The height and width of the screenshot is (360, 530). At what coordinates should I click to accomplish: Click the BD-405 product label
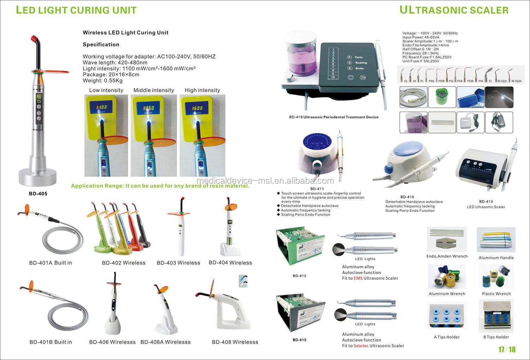pos(38,194)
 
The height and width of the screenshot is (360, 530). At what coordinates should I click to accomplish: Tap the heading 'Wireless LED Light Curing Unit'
pos(125,33)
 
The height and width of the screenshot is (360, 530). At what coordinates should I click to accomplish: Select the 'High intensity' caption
pos(202,90)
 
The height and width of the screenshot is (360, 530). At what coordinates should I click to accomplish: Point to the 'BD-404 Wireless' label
pos(230,263)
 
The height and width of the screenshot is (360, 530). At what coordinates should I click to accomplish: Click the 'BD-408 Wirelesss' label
pos(235,342)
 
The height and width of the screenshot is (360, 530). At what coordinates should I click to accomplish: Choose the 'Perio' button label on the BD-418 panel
pos(359,57)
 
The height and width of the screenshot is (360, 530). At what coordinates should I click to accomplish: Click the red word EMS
pos(358,278)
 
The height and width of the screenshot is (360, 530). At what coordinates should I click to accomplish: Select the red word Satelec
pos(361,346)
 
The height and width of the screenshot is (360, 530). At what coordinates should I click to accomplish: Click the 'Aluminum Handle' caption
pos(496,258)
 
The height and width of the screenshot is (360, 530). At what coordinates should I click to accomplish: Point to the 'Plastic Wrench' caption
pos(496,294)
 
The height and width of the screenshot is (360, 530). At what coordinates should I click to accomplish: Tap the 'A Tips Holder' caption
pos(447,337)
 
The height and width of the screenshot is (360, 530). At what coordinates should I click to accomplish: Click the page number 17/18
pos(507,350)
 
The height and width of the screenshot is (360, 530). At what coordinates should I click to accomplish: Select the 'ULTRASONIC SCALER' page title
pos(454,10)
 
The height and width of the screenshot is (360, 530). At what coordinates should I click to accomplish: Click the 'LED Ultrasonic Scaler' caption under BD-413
pos(486,207)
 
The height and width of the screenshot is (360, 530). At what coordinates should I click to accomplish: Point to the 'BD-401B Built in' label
pos(51,342)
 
